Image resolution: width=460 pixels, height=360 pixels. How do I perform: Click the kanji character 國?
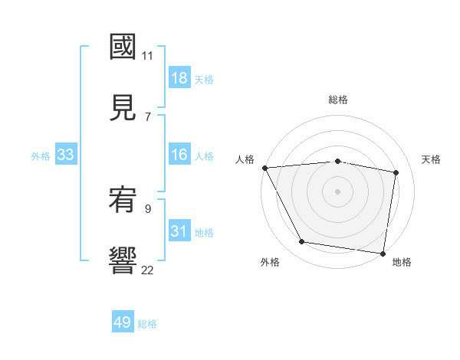tap(123, 47)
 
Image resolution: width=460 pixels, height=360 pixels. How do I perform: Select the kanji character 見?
tap(123, 107)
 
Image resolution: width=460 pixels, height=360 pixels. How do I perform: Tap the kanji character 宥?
tap(123, 200)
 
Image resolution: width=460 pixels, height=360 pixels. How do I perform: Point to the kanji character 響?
tap(123, 260)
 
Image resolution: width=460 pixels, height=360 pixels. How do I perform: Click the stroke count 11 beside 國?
tap(148, 56)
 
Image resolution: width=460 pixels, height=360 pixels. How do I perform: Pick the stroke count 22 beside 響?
tap(148, 270)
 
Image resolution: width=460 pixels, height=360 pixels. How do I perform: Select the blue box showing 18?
tap(179, 78)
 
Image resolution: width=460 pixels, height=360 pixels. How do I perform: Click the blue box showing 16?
tap(179, 155)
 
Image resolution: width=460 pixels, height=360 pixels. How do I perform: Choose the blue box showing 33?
tap(66, 155)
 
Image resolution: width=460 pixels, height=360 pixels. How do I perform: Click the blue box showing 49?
tap(123, 322)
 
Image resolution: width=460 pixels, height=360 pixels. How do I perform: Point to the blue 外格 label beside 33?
tap(41, 155)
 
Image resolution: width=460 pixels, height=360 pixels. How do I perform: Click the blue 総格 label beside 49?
tap(148, 324)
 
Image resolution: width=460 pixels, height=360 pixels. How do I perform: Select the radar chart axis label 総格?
tap(338, 100)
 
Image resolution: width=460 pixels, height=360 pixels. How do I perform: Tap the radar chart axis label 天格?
tap(432, 159)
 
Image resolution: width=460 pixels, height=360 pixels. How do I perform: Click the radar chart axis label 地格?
tap(402, 263)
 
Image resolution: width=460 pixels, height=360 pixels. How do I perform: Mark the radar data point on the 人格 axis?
tap(264, 168)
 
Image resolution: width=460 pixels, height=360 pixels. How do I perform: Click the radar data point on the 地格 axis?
tap(383, 252)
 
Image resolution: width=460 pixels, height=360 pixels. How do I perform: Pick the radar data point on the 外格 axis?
tap(302, 242)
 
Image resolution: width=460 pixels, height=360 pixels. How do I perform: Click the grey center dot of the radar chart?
tap(338, 191)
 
